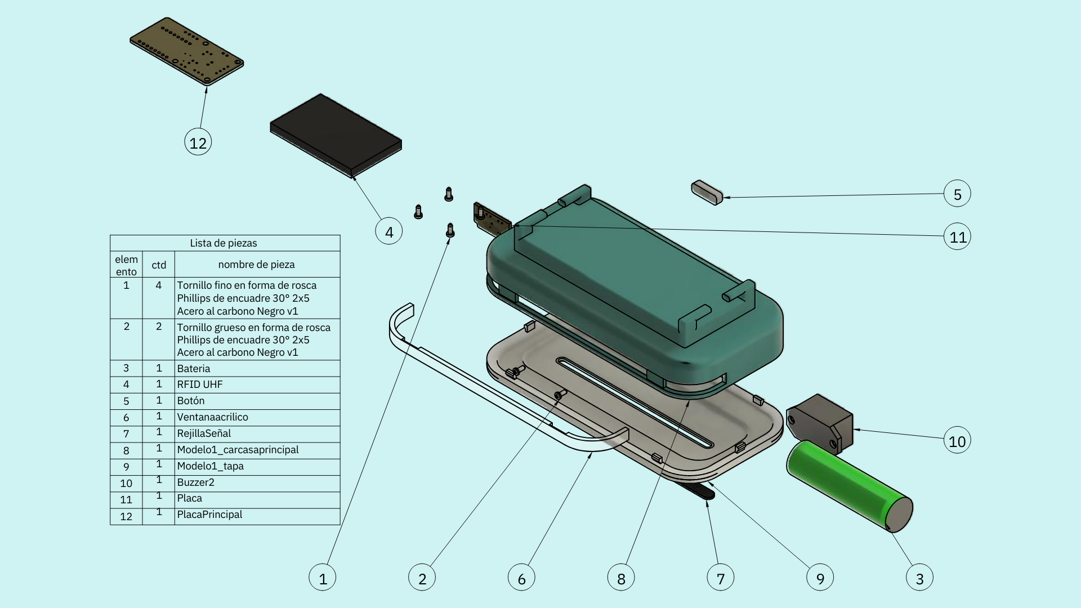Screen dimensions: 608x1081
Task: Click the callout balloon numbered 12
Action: (198, 142)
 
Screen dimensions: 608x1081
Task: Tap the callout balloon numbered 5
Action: (957, 194)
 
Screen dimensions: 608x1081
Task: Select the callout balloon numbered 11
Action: (957, 237)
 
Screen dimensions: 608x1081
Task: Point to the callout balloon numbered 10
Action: (957, 441)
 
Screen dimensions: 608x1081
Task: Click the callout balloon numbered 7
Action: (721, 578)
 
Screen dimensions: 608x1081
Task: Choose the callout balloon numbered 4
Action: (389, 231)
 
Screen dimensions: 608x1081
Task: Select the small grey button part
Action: (707, 193)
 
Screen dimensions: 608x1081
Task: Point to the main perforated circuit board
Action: (186, 51)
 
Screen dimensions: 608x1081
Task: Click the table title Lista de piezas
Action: (224, 243)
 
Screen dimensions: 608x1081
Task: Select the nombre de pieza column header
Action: (256, 265)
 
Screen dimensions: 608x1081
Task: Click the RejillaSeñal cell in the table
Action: (204, 433)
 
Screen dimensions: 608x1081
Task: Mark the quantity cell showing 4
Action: (158, 285)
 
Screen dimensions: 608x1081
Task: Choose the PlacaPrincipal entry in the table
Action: (209, 515)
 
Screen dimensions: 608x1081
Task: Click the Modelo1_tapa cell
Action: (210, 466)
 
